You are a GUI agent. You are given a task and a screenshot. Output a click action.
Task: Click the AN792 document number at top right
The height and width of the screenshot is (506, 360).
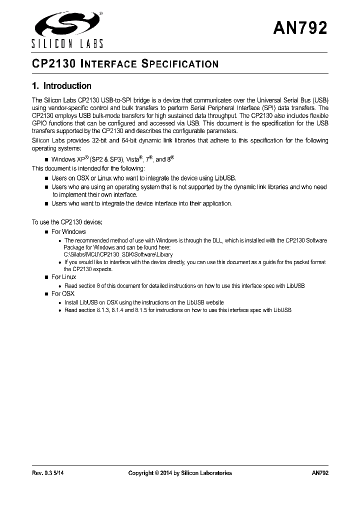pos(300,28)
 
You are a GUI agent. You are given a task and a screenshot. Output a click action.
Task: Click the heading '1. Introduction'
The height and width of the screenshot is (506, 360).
pos(61,86)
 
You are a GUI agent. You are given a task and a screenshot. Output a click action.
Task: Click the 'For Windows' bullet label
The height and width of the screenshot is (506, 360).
pos(68,231)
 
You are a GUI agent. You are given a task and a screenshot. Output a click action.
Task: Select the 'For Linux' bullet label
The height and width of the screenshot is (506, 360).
pos(63,277)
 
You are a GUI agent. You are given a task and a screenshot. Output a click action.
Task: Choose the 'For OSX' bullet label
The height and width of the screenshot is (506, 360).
pos(62,294)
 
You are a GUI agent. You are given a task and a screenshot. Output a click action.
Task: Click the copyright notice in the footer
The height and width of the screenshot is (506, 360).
pos(180,473)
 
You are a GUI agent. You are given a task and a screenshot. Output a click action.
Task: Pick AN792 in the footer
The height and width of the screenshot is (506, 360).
pos(319,473)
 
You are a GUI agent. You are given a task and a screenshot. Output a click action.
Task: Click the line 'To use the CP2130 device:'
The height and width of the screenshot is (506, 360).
pos(67,222)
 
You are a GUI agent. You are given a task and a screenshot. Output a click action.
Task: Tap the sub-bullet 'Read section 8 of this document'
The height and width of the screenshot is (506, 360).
pos(184,285)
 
